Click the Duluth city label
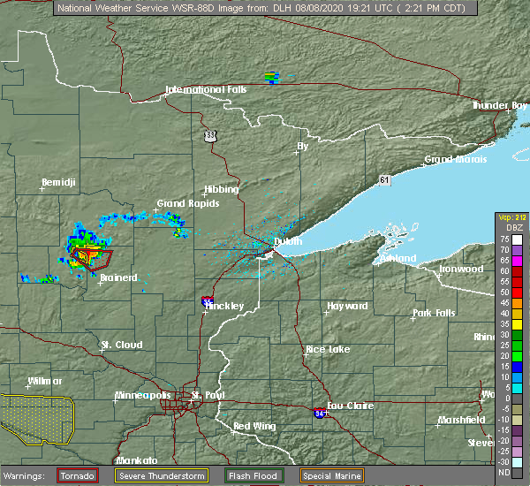[286, 241]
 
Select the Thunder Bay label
[498, 105]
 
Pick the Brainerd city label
[117, 277]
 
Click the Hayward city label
[347, 306]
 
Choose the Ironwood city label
[462, 269]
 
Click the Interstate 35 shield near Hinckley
[205, 301]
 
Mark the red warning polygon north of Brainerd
[94, 258]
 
